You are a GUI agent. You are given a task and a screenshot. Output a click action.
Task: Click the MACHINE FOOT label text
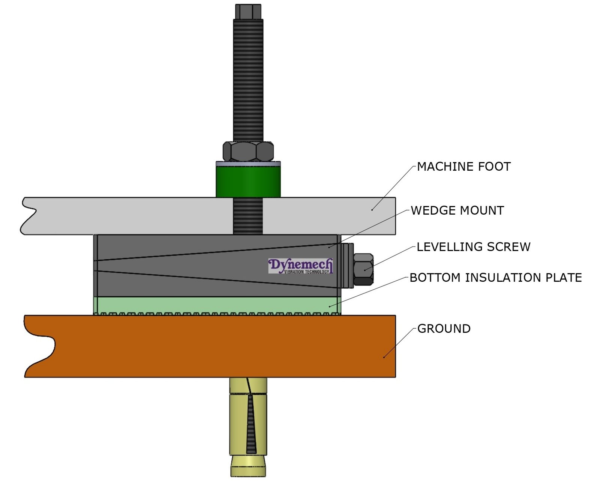[463, 167]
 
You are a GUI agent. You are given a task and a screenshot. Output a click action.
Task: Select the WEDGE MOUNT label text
[457, 210]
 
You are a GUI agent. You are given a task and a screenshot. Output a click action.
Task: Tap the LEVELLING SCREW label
[473, 247]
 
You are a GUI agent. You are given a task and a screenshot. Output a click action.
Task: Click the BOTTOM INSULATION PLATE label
[495, 278]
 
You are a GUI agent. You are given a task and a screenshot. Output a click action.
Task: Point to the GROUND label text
[444, 329]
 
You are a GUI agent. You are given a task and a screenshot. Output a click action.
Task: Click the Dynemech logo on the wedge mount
[300, 266]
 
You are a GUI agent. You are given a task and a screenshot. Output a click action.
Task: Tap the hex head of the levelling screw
[363, 269]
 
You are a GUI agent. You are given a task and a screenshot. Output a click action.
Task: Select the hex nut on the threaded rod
[248, 151]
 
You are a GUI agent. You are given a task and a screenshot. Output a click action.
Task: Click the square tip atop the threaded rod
[248, 11]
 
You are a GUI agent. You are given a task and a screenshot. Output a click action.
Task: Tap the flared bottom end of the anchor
[248, 466]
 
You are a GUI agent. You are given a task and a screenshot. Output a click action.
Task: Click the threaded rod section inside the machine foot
[247, 216]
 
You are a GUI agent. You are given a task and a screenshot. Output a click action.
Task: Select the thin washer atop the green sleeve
[248, 164]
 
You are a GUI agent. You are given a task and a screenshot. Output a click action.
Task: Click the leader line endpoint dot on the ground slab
[384, 357]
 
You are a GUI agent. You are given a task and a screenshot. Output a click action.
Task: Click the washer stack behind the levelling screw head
[348, 265]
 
